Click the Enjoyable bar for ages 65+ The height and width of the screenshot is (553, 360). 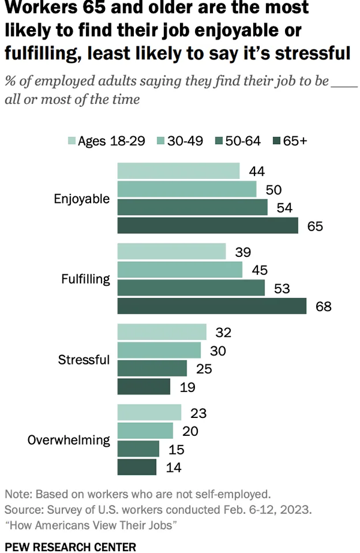(208, 226)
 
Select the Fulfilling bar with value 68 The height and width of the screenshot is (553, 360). (212, 306)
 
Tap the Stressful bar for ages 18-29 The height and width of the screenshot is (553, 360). (162, 332)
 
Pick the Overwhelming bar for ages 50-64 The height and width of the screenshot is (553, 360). (139, 449)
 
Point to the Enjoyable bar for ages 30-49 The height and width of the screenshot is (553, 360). (187, 190)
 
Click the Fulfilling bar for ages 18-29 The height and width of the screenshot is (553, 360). (172, 252)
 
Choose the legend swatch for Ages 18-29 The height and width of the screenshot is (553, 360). (71, 141)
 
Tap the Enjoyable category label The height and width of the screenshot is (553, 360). (82, 199)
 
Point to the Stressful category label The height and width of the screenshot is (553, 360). (84, 360)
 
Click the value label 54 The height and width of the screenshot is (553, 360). (283, 208)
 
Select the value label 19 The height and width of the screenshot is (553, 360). (187, 387)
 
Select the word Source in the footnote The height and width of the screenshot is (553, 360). (22, 510)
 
